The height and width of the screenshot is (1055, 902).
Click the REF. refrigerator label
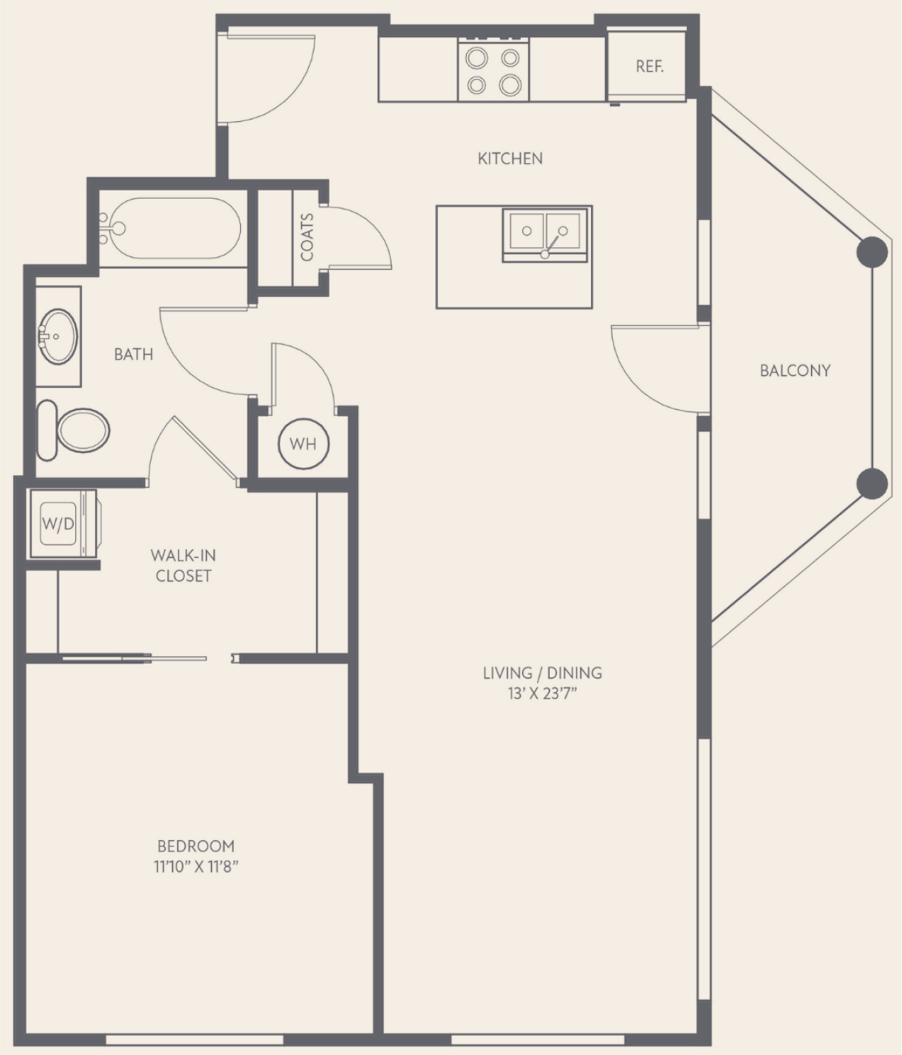(x=649, y=66)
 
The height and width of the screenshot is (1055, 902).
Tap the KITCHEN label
(x=510, y=159)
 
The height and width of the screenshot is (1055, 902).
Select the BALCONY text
(x=795, y=371)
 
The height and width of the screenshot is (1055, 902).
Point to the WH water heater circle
(x=303, y=443)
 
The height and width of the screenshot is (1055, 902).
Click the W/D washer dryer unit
(x=64, y=524)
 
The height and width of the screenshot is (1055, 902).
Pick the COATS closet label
(x=307, y=237)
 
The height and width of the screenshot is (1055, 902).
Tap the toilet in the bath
(x=73, y=430)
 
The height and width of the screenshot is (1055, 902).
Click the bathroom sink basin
(x=58, y=336)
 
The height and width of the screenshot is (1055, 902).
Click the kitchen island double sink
(x=544, y=234)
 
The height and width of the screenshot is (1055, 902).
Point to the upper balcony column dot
(x=872, y=252)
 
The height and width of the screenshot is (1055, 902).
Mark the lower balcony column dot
(x=872, y=483)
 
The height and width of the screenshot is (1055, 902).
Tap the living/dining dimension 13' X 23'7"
(x=542, y=694)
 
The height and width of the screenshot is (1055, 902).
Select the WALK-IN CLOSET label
(x=183, y=565)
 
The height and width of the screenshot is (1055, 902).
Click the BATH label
(x=133, y=354)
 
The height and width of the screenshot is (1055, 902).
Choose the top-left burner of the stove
(x=476, y=58)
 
